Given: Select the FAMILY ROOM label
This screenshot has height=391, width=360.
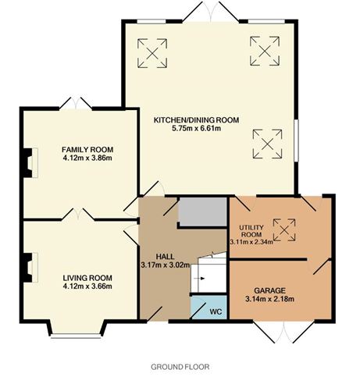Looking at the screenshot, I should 88,148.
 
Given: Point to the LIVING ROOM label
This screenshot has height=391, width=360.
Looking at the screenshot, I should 88,277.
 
